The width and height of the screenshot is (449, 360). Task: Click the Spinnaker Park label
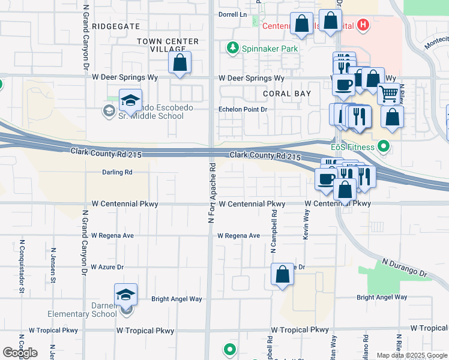262,47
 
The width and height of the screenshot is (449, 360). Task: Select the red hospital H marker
363,25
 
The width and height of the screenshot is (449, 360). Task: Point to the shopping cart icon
389,93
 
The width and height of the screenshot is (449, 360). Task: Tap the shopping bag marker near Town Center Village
179,62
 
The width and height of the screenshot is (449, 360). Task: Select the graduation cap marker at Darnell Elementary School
125,295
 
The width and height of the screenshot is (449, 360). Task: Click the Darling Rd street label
116,172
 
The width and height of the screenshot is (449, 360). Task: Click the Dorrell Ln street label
233,14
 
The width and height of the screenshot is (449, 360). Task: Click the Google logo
20,353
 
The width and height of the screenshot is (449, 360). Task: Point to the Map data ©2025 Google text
411,355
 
